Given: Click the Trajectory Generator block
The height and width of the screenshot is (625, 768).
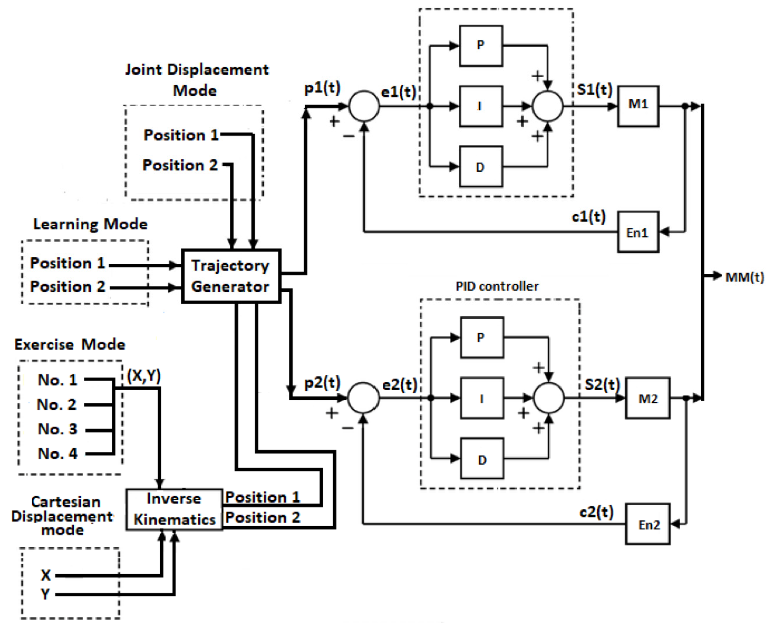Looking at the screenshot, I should [231, 276].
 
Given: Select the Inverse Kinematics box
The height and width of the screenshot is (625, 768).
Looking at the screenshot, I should [174, 509].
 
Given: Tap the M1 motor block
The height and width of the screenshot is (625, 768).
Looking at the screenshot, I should [638, 106].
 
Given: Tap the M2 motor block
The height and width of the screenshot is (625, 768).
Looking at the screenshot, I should [647, 398].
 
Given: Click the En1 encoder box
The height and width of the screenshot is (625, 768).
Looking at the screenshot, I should [638, 232].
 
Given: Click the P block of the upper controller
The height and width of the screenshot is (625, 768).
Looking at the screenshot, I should [481, 46].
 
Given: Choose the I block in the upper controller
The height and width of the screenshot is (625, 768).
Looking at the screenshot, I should [481, 106].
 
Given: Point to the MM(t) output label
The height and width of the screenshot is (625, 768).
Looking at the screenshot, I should [744, 277].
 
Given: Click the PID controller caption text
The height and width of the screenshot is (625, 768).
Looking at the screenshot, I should [497, 286].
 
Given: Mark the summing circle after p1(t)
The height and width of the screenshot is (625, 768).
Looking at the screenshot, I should [364, 106].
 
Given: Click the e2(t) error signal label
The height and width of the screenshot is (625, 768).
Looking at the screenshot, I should [399, 385].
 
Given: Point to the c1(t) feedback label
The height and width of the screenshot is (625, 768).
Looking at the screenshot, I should [588, 216].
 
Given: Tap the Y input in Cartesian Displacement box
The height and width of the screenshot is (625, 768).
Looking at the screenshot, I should [45, 594].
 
